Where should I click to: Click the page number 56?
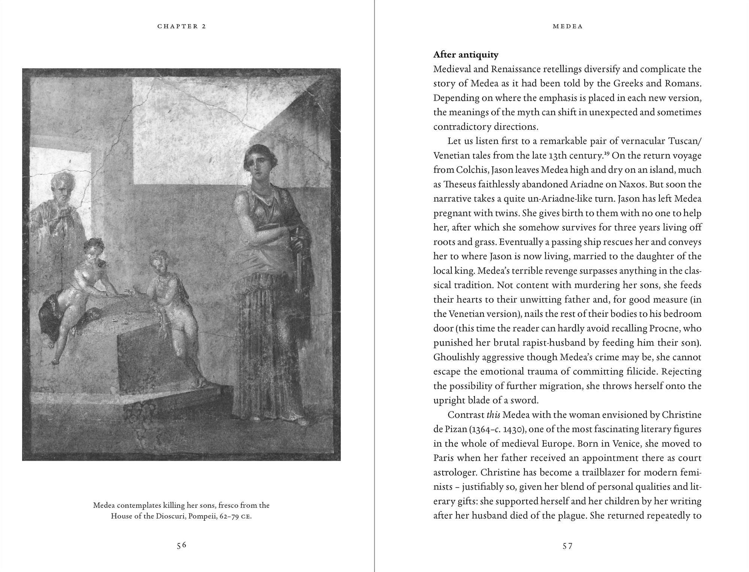(x=182, y=545)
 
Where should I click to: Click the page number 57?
(x=568, y=546)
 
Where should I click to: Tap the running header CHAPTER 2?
(x=182, y=26)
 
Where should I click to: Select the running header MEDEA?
(x=568, y=26)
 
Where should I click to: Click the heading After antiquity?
(x=466, y=55)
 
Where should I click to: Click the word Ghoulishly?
(x=456, y=357)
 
